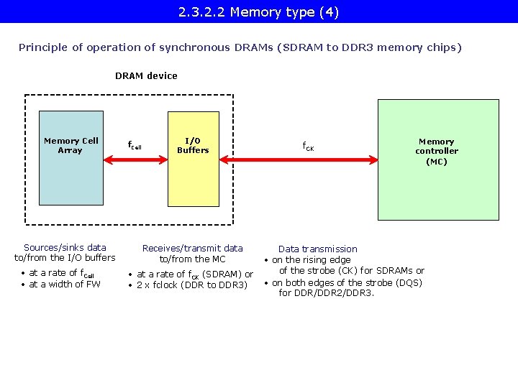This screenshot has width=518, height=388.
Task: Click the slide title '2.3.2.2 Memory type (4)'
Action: pos(259,12)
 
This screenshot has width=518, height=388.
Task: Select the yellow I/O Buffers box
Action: pos(193,180)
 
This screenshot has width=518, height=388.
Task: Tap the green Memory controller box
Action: pos(438,187)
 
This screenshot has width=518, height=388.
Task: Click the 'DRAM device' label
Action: pos(146,75)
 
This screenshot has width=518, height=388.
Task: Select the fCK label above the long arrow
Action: pos(307,147)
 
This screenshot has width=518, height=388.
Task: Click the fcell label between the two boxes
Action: pos(135,145)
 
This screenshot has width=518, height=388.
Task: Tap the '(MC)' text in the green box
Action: pos(436,162)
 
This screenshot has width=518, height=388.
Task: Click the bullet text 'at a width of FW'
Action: pos(65,284)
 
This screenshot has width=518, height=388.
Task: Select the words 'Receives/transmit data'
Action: pos(193,248)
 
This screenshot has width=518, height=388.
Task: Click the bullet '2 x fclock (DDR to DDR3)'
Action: pos(191,285)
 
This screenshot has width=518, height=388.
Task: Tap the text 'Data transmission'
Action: pos(317,249)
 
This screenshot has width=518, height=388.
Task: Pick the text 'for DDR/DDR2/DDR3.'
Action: pos(327,293)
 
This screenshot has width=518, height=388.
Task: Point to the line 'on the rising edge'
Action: pos(312,259)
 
